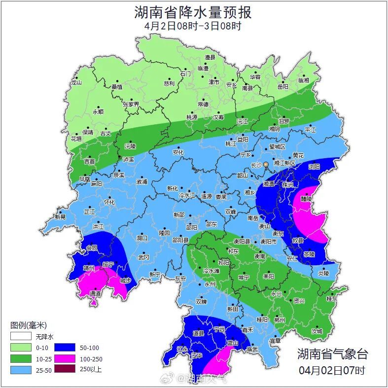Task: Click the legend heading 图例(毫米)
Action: [28, 325]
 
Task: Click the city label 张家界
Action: [131, 105]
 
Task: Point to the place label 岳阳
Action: [282, 87]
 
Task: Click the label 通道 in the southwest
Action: [95, 293]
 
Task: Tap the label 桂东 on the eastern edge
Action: [332, 299]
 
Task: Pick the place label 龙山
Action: [76, 83]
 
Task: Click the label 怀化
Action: [109, 202]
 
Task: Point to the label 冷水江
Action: [187, 196]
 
